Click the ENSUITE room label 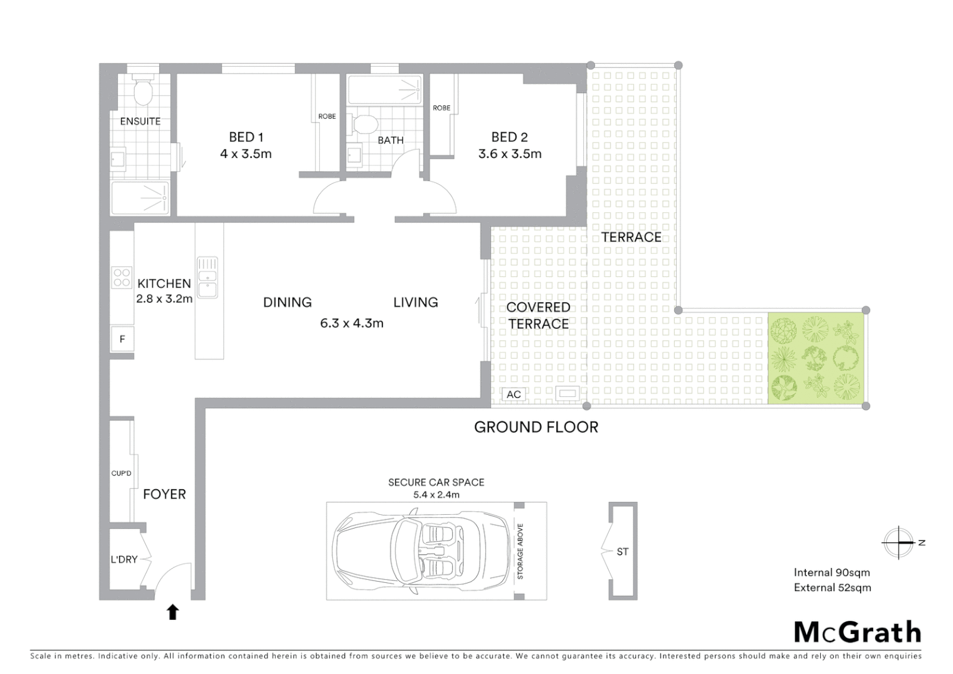click(140, 121)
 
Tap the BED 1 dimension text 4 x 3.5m click(246, 154)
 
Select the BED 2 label click(510, 137)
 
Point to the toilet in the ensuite click(144, 92)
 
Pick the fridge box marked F click(122, 339)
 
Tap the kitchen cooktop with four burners click(122, 277)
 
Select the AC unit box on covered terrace click(513, 394)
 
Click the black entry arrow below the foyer click(173, 612)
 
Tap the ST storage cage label click(622, 552)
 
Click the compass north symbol click(899, 542)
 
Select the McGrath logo click(858, 632)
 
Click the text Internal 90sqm click(831, 572)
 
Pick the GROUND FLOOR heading click(536, 427)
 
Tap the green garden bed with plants click(816, 358)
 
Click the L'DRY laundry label click(123, 560)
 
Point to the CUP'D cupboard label click(121, 473)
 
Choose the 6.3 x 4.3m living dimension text click(351, 323)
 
